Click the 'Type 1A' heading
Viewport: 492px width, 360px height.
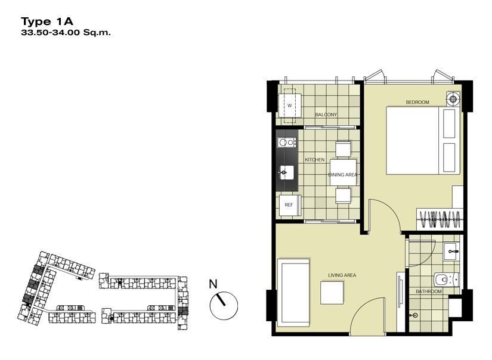pos(47,21)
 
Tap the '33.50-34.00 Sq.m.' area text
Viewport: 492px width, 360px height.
pos(66,32)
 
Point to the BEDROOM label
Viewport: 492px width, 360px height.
pos(417,103)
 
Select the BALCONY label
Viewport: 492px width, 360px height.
pos(326,115)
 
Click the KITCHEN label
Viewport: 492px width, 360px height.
pos(315,160)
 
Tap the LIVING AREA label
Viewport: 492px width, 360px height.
pos(342,275)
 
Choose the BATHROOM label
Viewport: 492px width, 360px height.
pos(429,291)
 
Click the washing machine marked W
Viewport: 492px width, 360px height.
pos(290,105)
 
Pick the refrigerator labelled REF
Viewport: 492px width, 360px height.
pos(290,206)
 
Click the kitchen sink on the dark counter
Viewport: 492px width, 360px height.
pos(286,172)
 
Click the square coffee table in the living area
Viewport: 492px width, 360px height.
pos(332,293)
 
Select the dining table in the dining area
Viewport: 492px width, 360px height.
pos(343,172)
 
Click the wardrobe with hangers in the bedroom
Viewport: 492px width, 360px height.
pos(440,219)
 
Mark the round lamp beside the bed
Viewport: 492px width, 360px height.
pos(453,99)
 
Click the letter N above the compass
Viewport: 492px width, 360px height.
pos(213,284)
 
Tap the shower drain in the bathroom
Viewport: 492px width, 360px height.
pos(415,315)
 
